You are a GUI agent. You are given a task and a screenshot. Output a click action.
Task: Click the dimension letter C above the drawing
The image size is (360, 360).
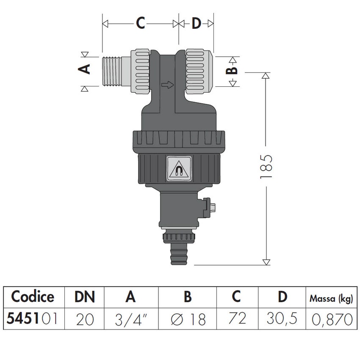pyautogui.click(x=140, y=24)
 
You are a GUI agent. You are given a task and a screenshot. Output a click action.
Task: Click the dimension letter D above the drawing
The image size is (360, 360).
pyautogui.click(x=196, y=24)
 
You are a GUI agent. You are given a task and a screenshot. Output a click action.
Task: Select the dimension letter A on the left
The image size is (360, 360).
pyautogui.click(x=86, y=69)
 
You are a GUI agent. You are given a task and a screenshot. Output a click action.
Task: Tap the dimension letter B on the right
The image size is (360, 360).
pyautogui.click(x=232, y=70)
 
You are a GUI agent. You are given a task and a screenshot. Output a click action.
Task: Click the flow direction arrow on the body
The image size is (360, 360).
pyautogui.click(x=168, y=85)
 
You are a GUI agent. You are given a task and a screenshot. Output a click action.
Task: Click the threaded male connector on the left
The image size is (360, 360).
pyautogui.click(x=117, y=71)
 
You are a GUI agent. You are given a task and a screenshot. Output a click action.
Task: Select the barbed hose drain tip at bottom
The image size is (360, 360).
pyautogui.click(x=178, y=255)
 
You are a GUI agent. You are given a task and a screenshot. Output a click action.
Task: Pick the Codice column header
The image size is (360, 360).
pyautogui.click(x=33, y=297)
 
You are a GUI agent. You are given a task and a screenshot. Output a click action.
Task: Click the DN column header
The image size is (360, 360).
pyautogui.click(x=84, y=297)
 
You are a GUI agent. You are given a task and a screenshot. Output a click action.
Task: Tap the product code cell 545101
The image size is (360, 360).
pyautogui.click(x=33, y=319)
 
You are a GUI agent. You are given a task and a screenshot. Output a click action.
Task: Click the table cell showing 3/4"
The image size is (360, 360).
pyautogui.click(x=131, y=319)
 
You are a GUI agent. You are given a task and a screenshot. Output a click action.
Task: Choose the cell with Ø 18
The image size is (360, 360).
pyautogui.click(x=187, y=319)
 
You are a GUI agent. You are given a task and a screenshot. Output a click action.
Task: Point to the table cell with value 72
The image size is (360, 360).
pyautogui.click(x=237, y=319)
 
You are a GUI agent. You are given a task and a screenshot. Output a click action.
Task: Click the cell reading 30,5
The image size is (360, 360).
pyautogui.click(x=282, y=319)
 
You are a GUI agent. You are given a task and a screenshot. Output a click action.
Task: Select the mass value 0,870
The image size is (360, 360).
pyautogui.click(x=331, y=319)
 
